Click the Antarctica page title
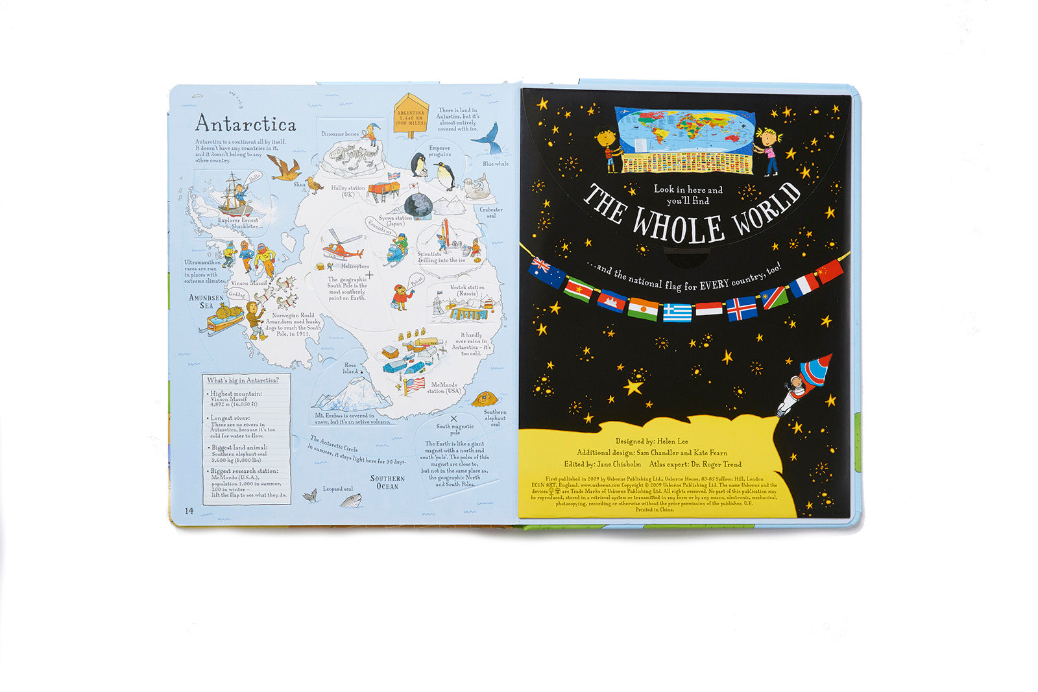click(x=245, y=123)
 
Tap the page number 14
click(x=189, y=510)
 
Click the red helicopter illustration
click(x=341, y=248)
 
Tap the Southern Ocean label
click(x=387, y=482)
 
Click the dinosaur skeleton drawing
click(x=348, y=155)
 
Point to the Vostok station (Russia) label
click(x=466, y=290)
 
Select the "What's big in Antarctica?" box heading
click(x=243, y=380)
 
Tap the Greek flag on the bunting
click(x=677, y=313)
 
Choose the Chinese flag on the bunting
click(x=830, y=272)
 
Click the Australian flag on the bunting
click(x=546, y=272)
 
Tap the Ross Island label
click(x=350, y=368)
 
